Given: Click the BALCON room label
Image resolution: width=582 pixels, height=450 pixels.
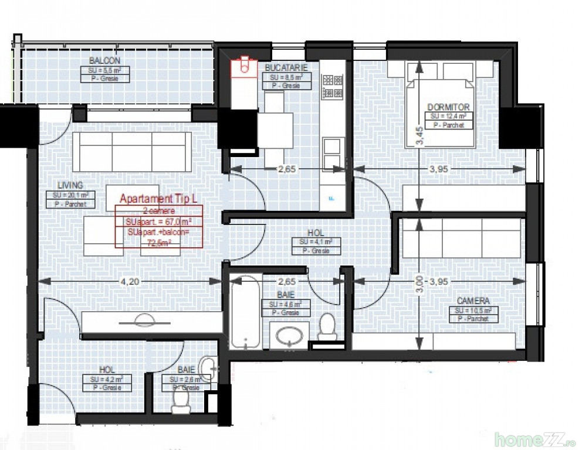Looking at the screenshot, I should pyautogui.click(x=105, y=61).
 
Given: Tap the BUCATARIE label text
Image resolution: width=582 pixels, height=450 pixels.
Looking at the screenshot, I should pyautogui.click(x=286, y=68).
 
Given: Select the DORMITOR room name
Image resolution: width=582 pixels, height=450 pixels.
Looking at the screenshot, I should pyautogui.click(x=448, y=107).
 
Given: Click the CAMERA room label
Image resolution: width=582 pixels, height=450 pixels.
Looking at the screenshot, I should pyautogui.click(x=473, y=301).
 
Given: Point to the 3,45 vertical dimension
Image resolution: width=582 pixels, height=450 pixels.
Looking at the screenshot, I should pyautogui.click(x=418, y=135).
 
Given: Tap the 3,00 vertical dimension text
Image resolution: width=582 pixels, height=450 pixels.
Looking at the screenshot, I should pyautogui.click(x=418, y=285).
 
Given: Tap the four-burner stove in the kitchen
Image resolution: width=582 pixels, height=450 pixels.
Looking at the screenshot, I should pyautogui.click(x=333, y=86).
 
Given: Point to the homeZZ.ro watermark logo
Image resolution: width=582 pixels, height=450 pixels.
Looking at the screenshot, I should pyautogui.click(x=534, y=438).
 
